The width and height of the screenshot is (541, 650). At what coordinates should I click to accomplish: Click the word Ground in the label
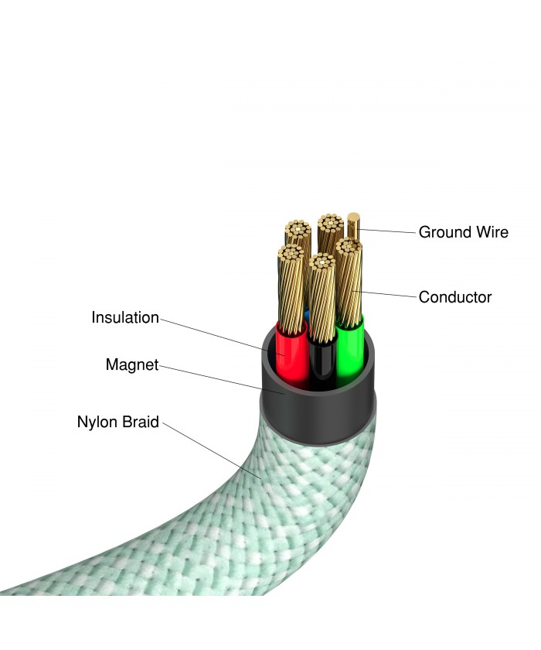[444, 232]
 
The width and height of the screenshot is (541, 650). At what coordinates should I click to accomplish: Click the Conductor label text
[454, 297]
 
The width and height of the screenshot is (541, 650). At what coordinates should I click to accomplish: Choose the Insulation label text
[125, 317]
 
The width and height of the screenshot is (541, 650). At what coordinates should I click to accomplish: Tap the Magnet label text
[132, 364]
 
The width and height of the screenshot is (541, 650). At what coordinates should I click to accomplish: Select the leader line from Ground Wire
[386, 231]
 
